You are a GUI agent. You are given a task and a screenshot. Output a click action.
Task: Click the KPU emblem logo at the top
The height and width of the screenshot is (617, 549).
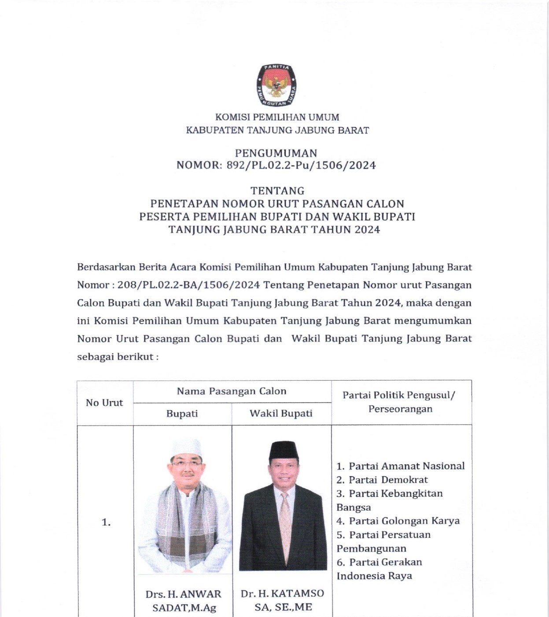point(276,85)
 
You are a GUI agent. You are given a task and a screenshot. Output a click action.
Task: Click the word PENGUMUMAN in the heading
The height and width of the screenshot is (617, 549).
point(276,153)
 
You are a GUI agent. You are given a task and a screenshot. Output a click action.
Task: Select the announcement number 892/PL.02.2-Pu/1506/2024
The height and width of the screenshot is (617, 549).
point(301,165)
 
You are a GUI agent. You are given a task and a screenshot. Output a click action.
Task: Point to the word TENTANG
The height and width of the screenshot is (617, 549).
point(277,191)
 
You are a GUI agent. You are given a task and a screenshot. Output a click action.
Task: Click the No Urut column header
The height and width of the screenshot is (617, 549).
point(104,403)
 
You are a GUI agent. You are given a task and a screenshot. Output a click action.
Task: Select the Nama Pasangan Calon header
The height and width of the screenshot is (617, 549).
point(232,391)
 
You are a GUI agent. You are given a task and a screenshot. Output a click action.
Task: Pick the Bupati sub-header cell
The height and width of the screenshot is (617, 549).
point(182,414)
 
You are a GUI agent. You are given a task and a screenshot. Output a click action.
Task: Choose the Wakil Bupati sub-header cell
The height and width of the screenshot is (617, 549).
point(281,414)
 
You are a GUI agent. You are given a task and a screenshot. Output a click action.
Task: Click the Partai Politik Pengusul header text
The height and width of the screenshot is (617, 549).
point(399,395)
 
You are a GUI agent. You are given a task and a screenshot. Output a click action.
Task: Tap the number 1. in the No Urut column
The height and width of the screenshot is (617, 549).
point(106,522)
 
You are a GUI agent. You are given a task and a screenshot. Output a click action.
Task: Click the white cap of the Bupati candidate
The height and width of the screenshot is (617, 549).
point(186,448)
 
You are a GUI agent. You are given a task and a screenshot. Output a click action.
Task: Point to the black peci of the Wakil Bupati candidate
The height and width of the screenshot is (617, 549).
point(284,450)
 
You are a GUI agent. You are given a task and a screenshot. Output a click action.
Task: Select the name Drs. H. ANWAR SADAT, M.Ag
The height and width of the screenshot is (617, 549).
point(184,601)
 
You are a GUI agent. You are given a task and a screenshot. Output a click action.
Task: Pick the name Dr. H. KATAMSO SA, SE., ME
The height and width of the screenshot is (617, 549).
point(283,600)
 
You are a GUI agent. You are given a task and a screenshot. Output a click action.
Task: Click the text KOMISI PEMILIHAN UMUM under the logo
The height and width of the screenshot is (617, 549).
point(277,118)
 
